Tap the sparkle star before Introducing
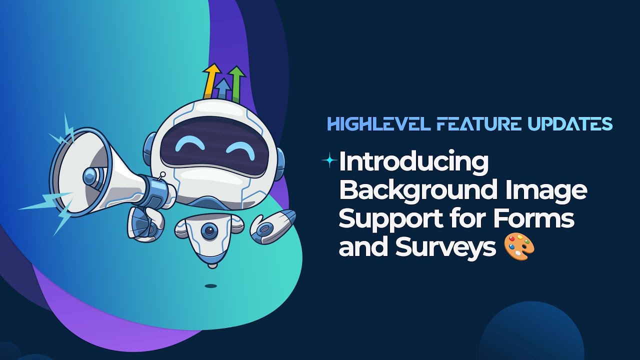coord(329,160)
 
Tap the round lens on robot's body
coord(209,231)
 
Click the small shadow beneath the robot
coord(211,286)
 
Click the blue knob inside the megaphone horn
coord(91,175)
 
